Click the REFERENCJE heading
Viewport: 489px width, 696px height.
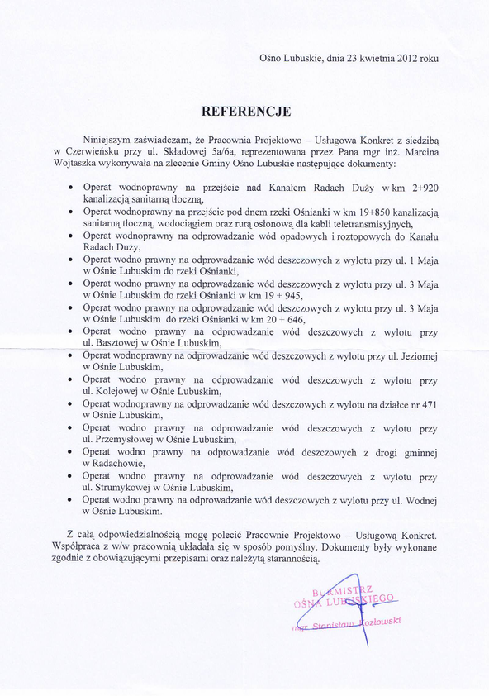coord(247,109)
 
